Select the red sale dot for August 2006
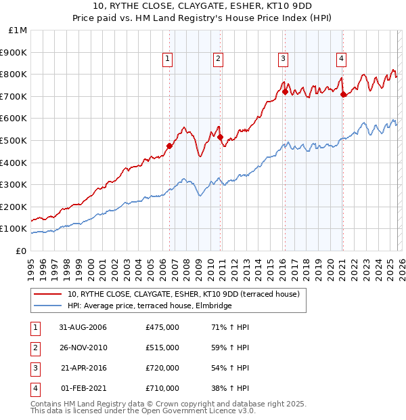[169, 146]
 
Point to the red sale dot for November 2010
[220, 137]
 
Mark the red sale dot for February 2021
[343, 94]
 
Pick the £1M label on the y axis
[18, 30]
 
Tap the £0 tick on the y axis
[21, 251]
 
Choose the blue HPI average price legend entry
[150, 306]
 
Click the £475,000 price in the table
[162, 328]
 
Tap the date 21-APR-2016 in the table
[84, 369]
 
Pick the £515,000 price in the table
[162, 348]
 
